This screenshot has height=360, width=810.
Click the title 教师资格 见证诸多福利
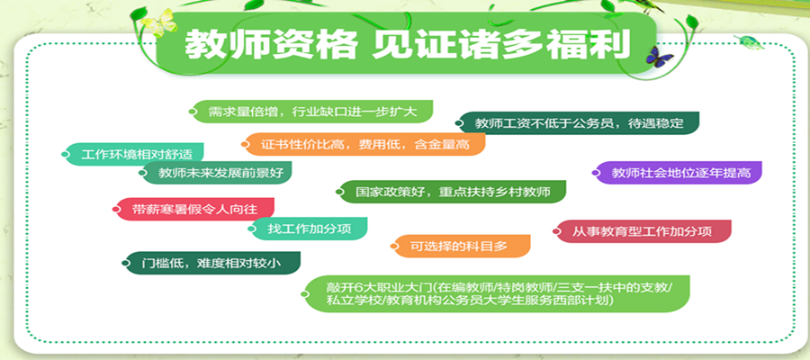[x=408, y=43]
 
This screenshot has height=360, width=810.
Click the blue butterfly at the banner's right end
[x=659, y=54]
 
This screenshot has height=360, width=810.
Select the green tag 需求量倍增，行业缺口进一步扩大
[x=311, y=112]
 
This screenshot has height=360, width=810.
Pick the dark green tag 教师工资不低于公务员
[x=577, y=123]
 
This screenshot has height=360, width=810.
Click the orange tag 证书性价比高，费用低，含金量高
[x=364, y=144]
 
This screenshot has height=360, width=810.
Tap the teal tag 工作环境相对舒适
[x=133, y=154]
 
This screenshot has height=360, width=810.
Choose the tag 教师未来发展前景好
[x=216, y=173]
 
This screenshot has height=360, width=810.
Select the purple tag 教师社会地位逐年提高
[x=677, y=173]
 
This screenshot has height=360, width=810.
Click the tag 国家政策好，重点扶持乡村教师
[x=451, y=192]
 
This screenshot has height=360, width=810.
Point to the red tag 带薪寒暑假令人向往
[x=193, y=209]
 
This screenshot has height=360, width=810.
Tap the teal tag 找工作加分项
[x=308, y=229]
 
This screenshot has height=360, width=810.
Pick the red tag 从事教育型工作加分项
[x=642, y=231]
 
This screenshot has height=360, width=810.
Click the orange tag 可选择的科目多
[x=461, y=246]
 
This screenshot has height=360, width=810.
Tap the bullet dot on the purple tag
[x=596, y=173]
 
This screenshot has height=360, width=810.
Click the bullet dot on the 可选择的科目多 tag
[x=395, y=247]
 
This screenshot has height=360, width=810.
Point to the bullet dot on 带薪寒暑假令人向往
[x=117, y=209]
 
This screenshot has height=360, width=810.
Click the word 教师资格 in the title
[x=271, y=43]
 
